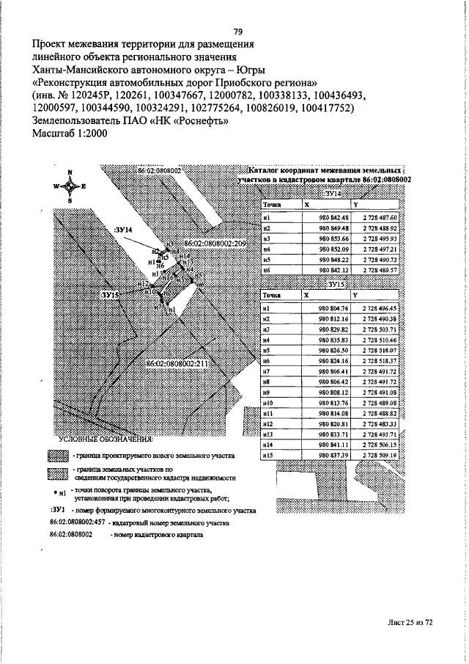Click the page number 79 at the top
pos(237,31)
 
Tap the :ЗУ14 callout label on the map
pos(124,230)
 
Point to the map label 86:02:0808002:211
pos(178,362)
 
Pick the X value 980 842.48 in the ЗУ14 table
pos(333,218)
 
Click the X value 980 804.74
pos(333,309)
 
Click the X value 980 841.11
pos(333,445)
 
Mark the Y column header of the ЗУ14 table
pos(356,205)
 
